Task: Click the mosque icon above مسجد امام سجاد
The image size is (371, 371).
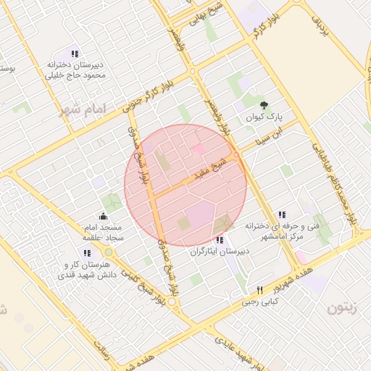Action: [x=103, y=215]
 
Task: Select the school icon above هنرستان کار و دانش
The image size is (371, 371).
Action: [x=87, y=254]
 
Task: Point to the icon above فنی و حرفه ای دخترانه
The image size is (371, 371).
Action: [x=281, y=214]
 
